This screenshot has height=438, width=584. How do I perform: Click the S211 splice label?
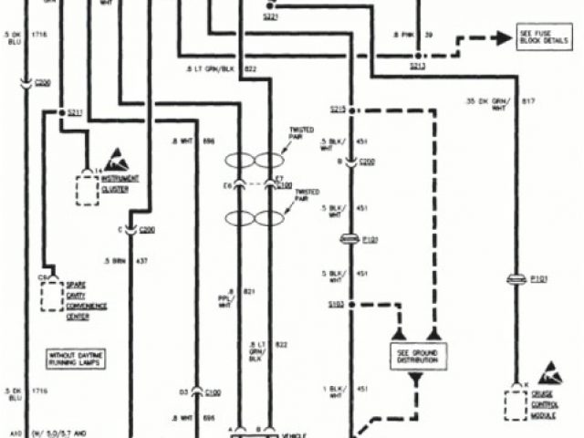75,113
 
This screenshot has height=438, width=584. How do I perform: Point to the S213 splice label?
417,67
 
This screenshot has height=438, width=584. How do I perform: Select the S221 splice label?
271,16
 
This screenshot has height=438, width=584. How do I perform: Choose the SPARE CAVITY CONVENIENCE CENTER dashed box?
53,296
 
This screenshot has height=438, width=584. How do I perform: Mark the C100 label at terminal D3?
213,391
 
